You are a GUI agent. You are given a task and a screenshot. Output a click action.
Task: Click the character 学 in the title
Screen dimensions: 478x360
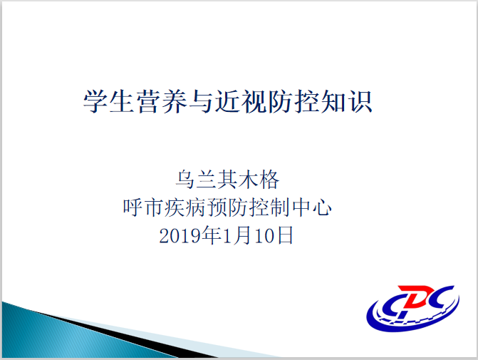[95, 101]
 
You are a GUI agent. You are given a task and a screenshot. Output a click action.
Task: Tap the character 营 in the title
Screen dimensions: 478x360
[148, 101]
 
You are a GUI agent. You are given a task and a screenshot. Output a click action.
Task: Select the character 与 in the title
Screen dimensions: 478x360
[201, 101]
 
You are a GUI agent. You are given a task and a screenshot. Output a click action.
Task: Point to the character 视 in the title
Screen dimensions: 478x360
[254, 101]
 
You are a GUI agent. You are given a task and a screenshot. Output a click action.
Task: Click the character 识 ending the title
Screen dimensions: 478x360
[360, 101]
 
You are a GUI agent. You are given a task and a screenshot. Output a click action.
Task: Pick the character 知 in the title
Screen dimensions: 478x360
[333, 101]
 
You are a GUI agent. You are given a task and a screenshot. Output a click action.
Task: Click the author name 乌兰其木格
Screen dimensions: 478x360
[227, 180]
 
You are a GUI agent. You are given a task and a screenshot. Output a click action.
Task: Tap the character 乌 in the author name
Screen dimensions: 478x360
[185, 180]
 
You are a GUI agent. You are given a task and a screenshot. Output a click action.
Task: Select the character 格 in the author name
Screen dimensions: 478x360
[269, 180]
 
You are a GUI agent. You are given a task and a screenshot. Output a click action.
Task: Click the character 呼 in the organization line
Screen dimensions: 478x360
[133, 207]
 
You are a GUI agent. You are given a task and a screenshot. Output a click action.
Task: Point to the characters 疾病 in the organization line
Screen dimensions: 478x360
[185, 207]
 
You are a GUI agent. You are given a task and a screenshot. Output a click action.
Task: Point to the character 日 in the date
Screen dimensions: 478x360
[285, 235]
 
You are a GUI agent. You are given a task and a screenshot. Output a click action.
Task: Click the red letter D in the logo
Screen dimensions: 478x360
[418, 296]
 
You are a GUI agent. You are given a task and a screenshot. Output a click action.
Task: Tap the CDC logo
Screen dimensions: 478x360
[413, 308]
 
